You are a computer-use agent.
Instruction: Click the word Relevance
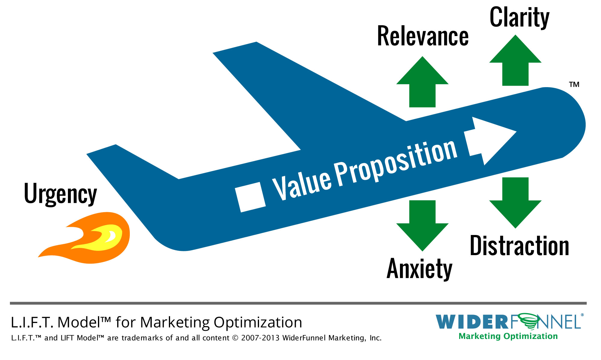pos(423,36)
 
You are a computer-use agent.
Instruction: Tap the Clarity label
pos(520,17)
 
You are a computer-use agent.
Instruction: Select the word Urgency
pos(60,194)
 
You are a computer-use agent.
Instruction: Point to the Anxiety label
pos(419,269)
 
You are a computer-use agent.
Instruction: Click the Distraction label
pos(520,246)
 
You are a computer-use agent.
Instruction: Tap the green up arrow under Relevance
pos(422,82)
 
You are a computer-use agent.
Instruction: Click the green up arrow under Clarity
pos(515,60)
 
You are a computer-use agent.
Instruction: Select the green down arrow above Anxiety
pos(422,226)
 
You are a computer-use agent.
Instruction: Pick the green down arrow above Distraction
pos(515,203)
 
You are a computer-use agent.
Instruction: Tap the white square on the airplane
pos(250,197)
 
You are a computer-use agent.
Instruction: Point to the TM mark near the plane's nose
pos(574,84)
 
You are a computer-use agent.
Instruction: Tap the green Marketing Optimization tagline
pos(508,336)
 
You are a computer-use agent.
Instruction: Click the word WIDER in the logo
pos(472,322)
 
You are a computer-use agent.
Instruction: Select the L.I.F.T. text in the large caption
pos(32,322)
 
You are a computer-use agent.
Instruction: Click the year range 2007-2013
pos(260,338)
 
